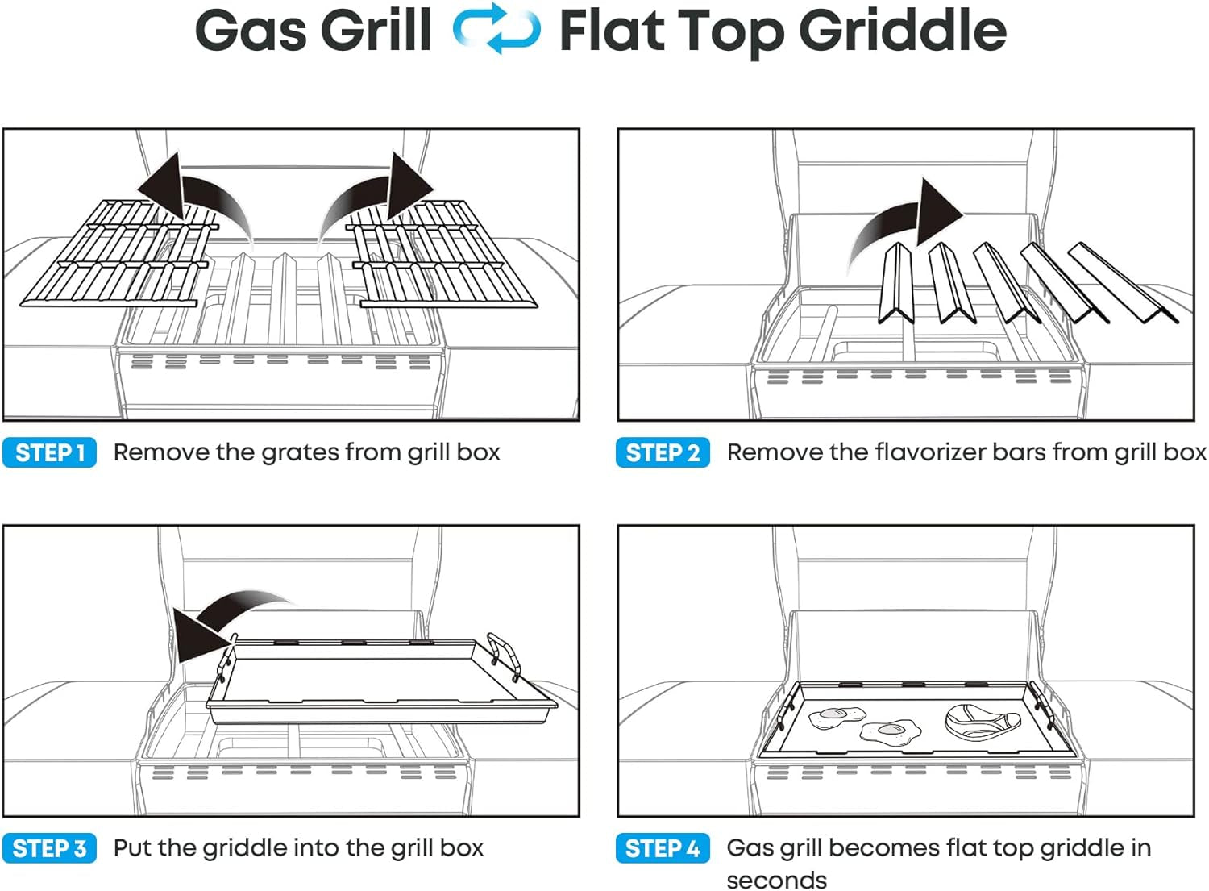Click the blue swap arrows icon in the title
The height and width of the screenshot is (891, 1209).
496,29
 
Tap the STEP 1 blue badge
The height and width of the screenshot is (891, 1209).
50,452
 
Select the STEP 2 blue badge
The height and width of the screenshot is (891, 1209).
663,452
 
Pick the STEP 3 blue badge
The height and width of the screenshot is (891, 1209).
50,848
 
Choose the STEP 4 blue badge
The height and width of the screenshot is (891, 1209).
663,848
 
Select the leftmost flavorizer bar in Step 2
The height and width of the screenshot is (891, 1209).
895,282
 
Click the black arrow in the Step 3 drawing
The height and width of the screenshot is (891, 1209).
226,621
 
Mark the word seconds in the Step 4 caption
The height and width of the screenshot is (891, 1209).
776,880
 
